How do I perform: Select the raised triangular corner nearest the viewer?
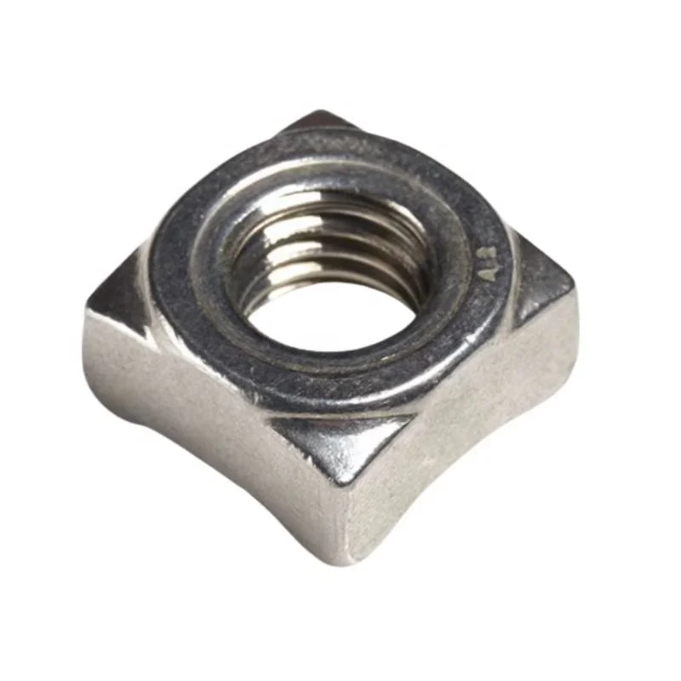(x=340, y=447)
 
